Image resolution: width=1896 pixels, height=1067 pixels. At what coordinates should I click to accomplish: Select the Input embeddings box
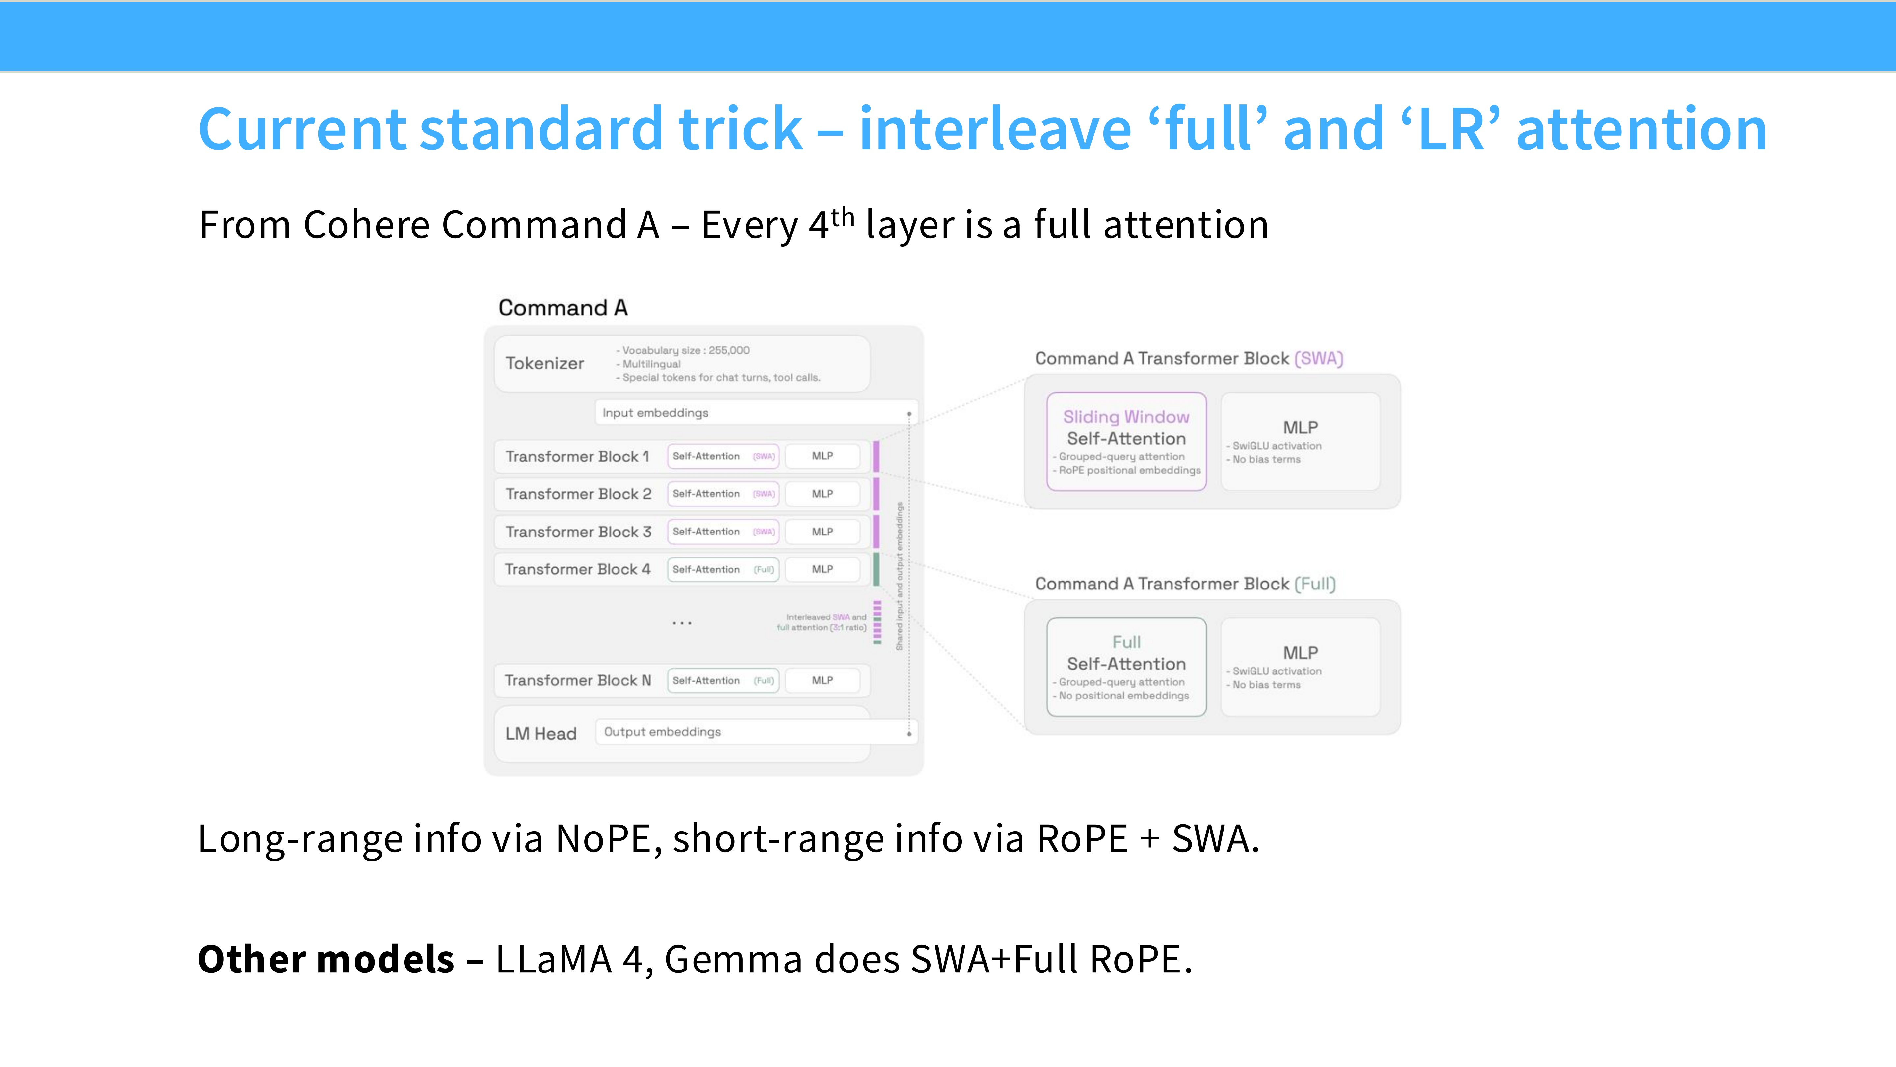click(756, 412)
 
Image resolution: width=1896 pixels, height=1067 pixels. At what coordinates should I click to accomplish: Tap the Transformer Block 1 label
click(577, 456)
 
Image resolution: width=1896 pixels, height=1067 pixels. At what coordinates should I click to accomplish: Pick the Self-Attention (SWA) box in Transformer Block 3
click(723, 532)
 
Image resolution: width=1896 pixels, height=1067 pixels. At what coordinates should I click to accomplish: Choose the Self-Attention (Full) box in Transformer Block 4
click(723, 569)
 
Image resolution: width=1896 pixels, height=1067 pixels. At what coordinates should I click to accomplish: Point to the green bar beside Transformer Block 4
click(876, 569)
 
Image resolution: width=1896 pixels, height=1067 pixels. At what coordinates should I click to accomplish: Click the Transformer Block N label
click(578, 680)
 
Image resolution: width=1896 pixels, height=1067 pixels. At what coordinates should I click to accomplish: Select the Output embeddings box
click(756, 732)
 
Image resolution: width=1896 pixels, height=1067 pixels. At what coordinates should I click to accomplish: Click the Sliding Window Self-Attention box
click(1126, 441)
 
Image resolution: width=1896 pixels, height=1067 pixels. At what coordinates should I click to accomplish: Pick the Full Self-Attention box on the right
click(1126, 667)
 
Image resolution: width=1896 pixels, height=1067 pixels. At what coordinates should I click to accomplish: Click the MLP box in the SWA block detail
click(1300, 441)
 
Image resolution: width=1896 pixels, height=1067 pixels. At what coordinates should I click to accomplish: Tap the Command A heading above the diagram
click(563, 308)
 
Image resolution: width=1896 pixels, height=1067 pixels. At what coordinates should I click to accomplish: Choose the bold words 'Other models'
click(326, 960)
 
